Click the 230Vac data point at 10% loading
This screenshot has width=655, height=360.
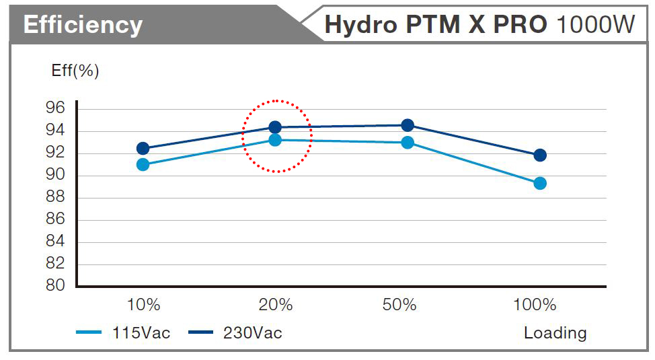tap(143, 148)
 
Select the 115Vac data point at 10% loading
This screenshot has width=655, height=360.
tap(143, 164)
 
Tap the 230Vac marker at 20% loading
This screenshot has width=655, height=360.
tap(275, 127)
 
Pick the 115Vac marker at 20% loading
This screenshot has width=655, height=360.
tap(275, 140)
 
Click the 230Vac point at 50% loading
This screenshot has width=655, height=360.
tap(408, 125)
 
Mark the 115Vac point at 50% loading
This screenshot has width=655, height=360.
tap(408, 142)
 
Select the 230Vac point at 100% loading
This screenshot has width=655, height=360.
tap(539, 155)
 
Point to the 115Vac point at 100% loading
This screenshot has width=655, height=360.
tap(539, 183)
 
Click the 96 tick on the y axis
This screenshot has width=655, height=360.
tap(57, 108)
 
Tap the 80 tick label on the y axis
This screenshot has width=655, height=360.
tap(57, 285)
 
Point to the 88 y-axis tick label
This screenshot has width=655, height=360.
tap(57, 197)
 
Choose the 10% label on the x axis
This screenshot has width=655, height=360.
tap(143, 305)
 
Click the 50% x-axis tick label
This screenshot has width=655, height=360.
tap(400, 305)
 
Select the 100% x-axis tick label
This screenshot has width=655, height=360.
tap(535, 305)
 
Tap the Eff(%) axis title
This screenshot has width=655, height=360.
tap(75, 71)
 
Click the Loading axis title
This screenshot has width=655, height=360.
tap(555, 333)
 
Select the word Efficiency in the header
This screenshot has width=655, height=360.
tap(83, 26)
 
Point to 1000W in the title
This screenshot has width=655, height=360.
tap(596, 25)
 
